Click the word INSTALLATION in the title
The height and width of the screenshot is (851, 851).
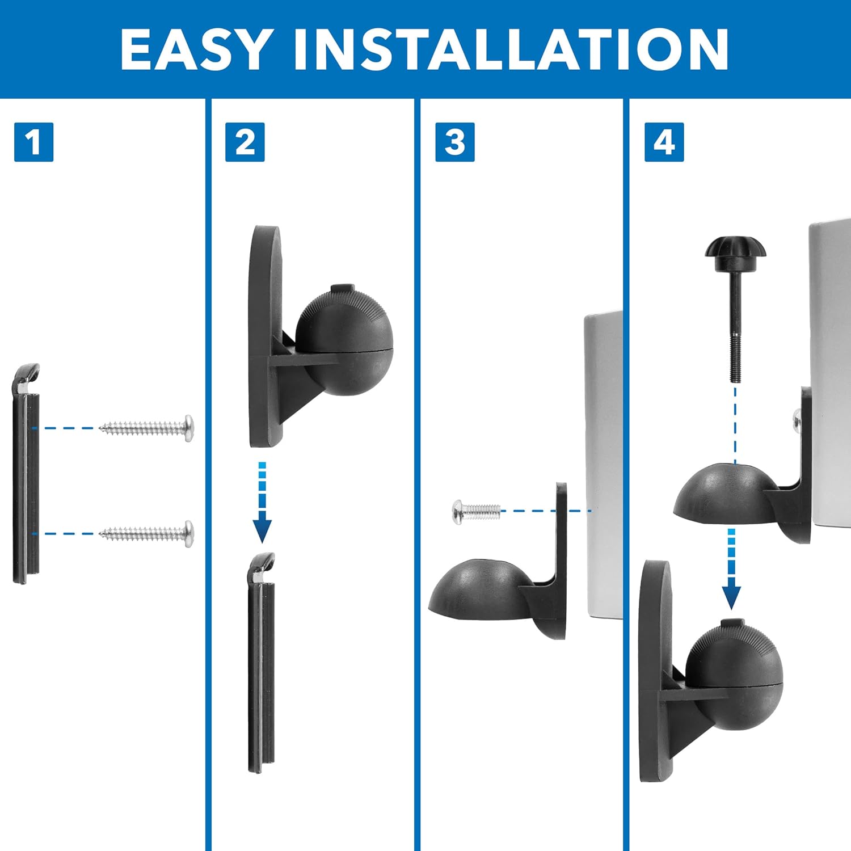[511, 49]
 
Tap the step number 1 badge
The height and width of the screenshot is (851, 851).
[33, 142]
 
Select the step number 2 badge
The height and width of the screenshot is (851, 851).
[245, 142]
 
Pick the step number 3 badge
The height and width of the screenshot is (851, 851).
[454, 142]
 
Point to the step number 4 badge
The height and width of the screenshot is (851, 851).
[664, 142]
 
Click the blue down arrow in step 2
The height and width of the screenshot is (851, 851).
[262, 505]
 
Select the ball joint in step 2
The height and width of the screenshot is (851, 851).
[344, 340]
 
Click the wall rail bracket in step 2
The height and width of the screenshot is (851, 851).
[261, 664]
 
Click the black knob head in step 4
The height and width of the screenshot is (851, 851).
[735, 250]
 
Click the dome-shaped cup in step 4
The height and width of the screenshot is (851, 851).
[721, 494]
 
